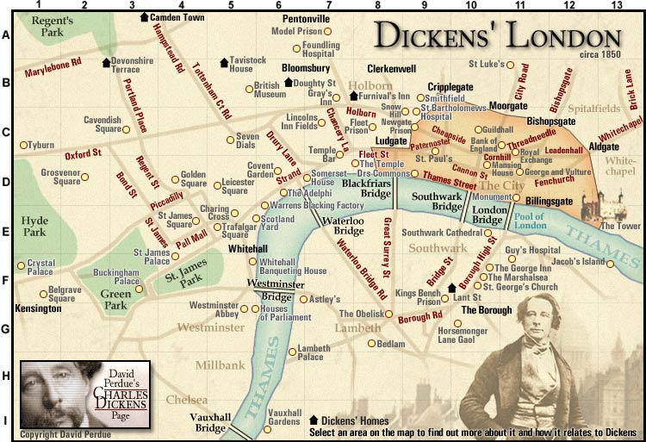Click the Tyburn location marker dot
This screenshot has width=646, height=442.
pos(23,145)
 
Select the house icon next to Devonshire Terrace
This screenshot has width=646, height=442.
pos(106,62)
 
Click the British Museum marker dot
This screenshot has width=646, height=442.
pos(248,87)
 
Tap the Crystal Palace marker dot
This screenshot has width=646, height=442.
pos(22,265)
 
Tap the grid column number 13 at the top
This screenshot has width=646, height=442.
pos(615,6)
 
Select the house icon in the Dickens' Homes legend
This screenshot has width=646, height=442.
pos(314,420)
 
